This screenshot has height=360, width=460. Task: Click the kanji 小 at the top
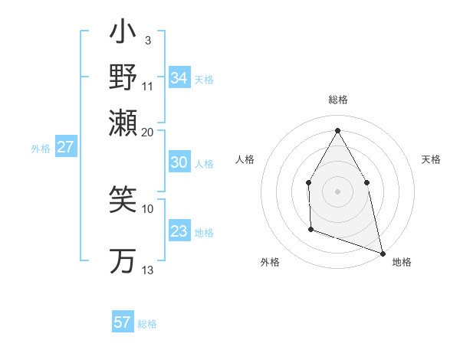[x=123, y=34]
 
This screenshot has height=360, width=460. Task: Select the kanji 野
[x=123, y=77]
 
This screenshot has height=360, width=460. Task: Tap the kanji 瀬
[x=123, y=120]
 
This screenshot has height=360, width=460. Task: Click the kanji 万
[x=123, y=261]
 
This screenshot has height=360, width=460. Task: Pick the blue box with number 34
[x=179, y=78]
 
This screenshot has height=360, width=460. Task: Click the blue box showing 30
[x=179, y=163]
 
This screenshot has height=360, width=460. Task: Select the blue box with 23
[x=179, y=232]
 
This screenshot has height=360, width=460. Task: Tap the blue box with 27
[x=66, y=147]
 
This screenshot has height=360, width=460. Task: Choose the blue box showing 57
[x=123, y=322]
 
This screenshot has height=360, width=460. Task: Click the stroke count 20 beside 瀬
[x=148, y=132]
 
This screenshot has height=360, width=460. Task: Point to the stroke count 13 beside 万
[x=148, y=270]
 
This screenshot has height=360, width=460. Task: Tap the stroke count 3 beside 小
[x=147, y=39]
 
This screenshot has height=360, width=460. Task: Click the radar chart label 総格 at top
[x=337, y=100]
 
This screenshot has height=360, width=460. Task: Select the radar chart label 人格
[x=245, y=159]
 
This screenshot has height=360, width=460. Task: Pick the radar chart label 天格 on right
[x=431, y=159]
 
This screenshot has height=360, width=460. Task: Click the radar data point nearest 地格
[x=382, y=253]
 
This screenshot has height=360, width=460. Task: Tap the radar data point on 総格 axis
[x=337, y=130]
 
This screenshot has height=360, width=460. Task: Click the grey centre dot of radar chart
[x=337, y=191]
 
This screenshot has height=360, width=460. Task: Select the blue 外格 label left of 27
[x=40, y=149]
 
